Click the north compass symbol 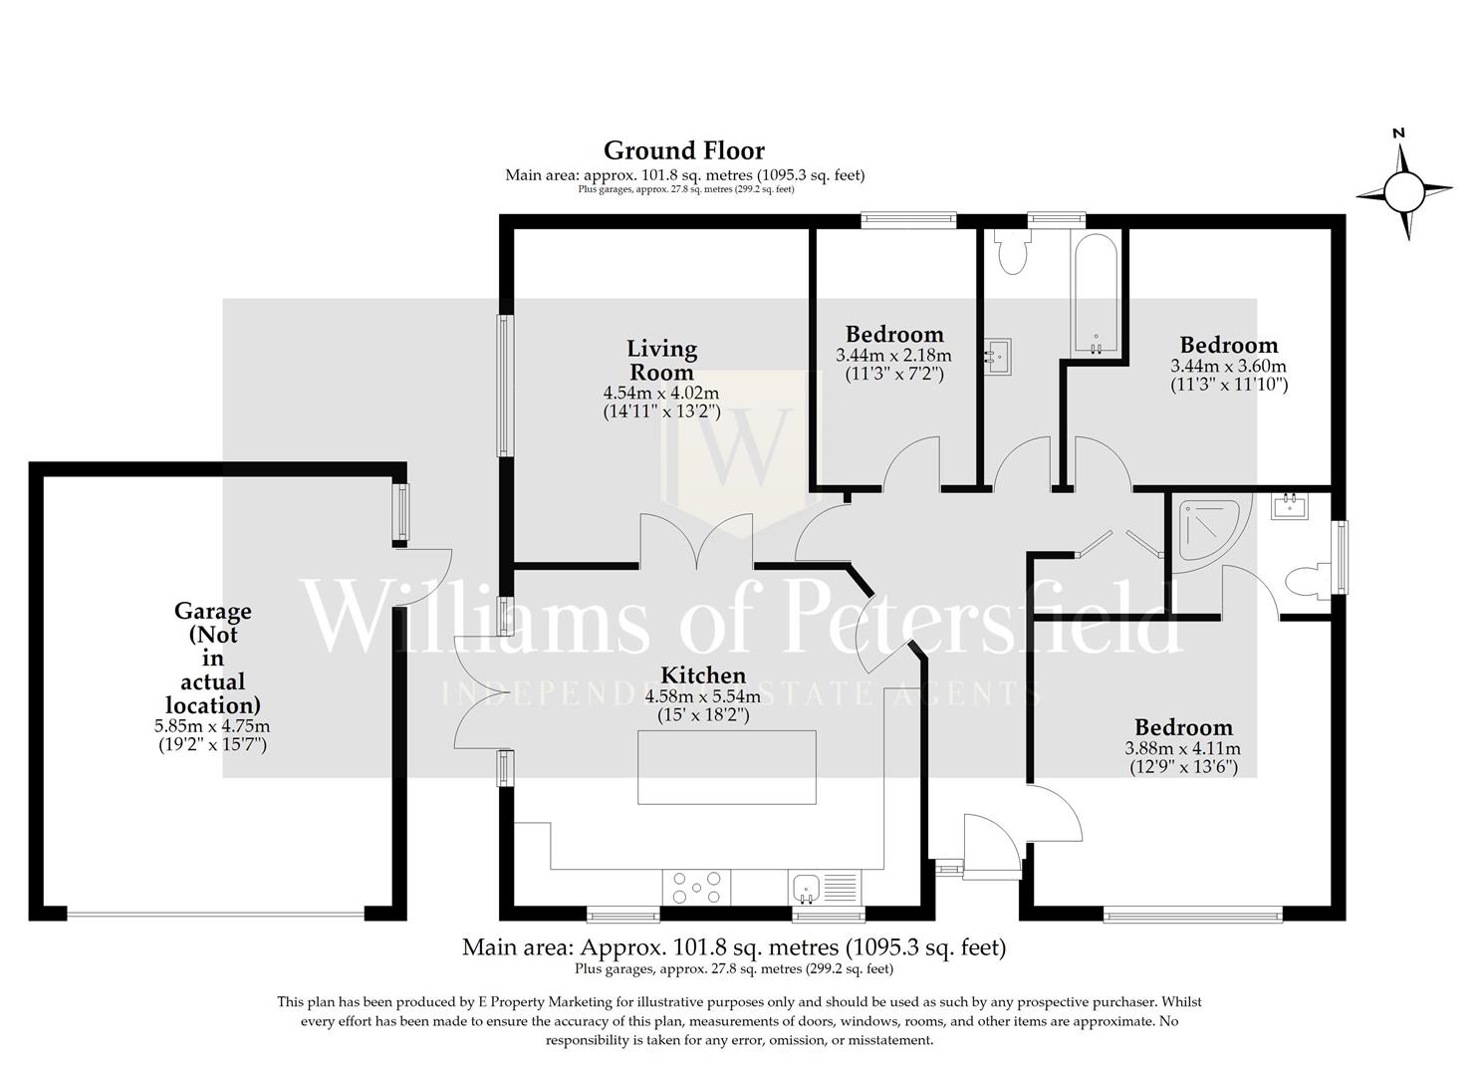(x=1403, y=189)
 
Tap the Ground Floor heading (x=684, y=150)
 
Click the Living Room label (x=661, y=360)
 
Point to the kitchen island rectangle (x=727, y=766)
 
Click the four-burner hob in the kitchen (x=695, y=886)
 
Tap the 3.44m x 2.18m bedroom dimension (x=893, y=356)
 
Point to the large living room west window (x=506, y=386)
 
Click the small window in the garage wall (x=400, y=512)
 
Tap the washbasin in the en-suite (x=1290, y=507)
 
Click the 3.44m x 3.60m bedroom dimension (x=1228, y=367)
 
